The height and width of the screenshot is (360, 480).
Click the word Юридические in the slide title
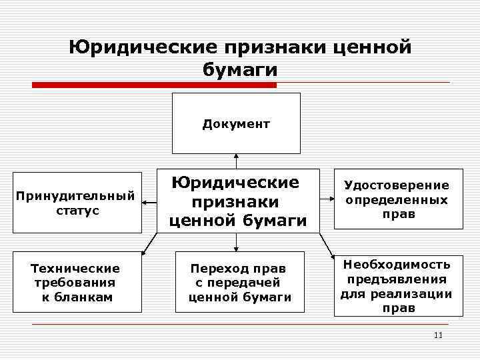point(144,47)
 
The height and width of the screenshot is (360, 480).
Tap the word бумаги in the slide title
point(239,69)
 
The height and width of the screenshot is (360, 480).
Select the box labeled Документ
point(236,123)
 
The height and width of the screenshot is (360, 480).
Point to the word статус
point(76,211)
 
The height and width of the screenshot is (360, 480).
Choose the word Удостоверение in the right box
point(397,185)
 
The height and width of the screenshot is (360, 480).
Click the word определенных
point(397,200)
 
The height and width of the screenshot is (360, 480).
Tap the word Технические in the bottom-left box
point(76,268)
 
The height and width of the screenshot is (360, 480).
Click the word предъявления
point(397,279)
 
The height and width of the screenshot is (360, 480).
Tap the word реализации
point(419,293)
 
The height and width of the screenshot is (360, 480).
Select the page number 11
point(437,335)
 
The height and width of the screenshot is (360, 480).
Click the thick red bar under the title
point(154,85)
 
